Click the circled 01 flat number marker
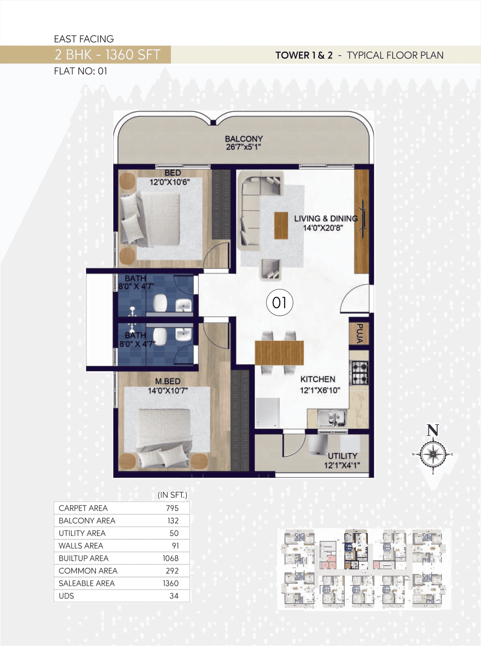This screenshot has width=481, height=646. pyautogui.click(x=279, y=302)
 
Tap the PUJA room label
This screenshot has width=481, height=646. pyautogui.click(x=360, y=333)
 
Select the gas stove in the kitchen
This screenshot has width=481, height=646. pyautogui.click(x=359, y=373)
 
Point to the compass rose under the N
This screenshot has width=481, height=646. pyautogui.click(x=433, y=454)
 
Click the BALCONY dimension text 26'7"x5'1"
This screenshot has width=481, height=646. pyautogui.click(x=244, y=147)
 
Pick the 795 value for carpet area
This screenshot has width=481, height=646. pyautogui.click(x=172, y=508)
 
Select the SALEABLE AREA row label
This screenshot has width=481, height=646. pyautogui.click(x=86, y=583)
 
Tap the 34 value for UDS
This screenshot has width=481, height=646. pyautogui.click(x=174, y=596)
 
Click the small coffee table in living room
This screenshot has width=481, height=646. pyautogui.click(x=281, y=225)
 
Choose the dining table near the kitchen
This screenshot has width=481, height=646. pyautogui.click(x=279, y=352)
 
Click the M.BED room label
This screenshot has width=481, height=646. pyautogui.click(x=168, y=381)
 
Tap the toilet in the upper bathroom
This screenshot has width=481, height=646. pyautogui.click(x=160, y=302)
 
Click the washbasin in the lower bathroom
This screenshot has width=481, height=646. pyautogui.click(x=184, y=334)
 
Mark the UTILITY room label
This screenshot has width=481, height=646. pyautogui.click(x=342, y=456)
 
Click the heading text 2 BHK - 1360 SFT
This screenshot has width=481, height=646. pyautogui.click(x=107, y=55)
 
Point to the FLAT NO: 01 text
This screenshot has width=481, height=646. pyautogui.click(x=80, y=71)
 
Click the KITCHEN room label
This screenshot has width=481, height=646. pyautogui.click(x=318, y=379)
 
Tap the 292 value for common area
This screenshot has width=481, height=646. pyautogui.click(x=172, y=571)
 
